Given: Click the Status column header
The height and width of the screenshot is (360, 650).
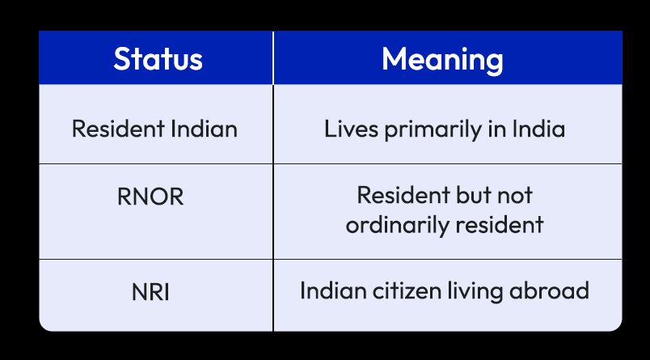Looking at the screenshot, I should tap(157, 58).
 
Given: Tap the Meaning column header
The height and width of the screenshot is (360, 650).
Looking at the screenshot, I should tap(442, 58).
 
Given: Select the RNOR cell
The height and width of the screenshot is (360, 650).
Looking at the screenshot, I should tap(150, 196).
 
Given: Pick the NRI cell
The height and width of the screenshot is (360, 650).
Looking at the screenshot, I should tap(150, 292).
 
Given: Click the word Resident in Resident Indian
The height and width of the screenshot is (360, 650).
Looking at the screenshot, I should tap(111, 129).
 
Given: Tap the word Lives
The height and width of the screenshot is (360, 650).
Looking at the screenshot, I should tap(345, 129).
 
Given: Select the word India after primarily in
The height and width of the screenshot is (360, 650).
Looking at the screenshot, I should tap(539, 129).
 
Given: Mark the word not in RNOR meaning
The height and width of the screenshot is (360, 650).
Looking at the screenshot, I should tap(516, 196).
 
